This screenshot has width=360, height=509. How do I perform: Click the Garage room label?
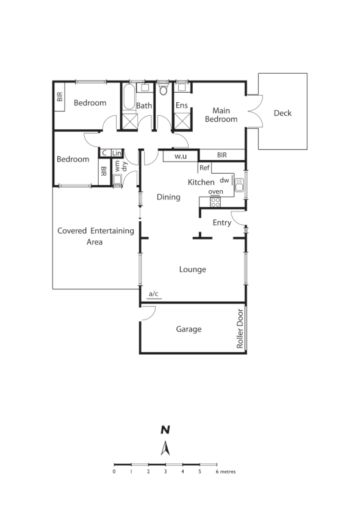click(x=189, y=329)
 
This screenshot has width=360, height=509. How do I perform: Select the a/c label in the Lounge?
click(x=153, y=295)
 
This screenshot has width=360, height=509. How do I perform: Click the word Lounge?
click(x=192, y=269)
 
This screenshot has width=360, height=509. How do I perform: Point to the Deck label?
click(x=283, y=113)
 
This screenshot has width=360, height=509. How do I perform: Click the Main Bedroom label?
click(x=220, y=115)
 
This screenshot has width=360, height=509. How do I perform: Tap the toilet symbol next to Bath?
click(x=163, y=90)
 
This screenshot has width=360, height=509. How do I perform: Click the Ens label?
click(x=181, y=105)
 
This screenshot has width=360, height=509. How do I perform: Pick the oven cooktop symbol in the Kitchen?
click(x=215, y=202)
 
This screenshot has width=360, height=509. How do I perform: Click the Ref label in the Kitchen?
click(x=204, y=168)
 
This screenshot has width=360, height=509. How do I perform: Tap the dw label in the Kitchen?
click(x=224, y=180)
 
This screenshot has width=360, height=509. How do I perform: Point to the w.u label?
click(x=180, y=156)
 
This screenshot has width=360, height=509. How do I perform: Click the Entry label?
click(x=221, y=222)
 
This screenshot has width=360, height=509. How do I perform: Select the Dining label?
click(x=168, y=197)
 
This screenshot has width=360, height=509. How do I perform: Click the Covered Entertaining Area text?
click(x=95, y=236)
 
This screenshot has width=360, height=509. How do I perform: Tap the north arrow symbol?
click(x=164, y=449)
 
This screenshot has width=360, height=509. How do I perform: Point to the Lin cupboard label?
click(x=117, y=153)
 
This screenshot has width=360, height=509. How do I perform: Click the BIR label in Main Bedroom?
click(x=221, y=155)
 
